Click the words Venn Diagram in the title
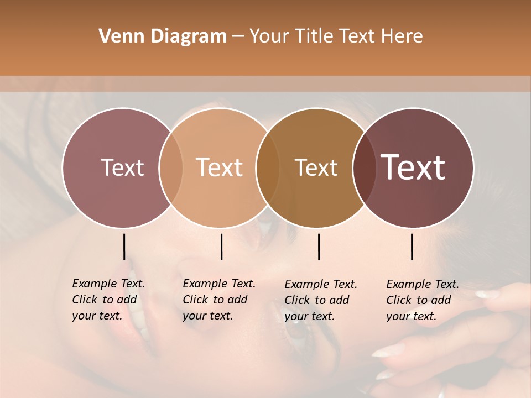tap(163, 36)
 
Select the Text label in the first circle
tap(122, 167)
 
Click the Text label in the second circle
tap(220, 167)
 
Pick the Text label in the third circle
tap(316, 167)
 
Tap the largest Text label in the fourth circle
tap(413, 167)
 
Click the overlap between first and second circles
tap(171, 167)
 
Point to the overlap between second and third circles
tap(268, 167)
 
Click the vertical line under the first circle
tap(124, 247)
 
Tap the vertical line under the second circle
tap(221, 247)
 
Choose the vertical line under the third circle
tap(319, 247)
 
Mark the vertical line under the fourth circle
tap(412, 247)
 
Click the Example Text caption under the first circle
tap(108, 300)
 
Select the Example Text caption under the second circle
tap(218, 300)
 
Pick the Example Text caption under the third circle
tap(320, 300)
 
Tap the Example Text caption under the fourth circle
tap(422, 300)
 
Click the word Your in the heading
tap(270, 36)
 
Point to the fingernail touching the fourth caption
tap(487, 294)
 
